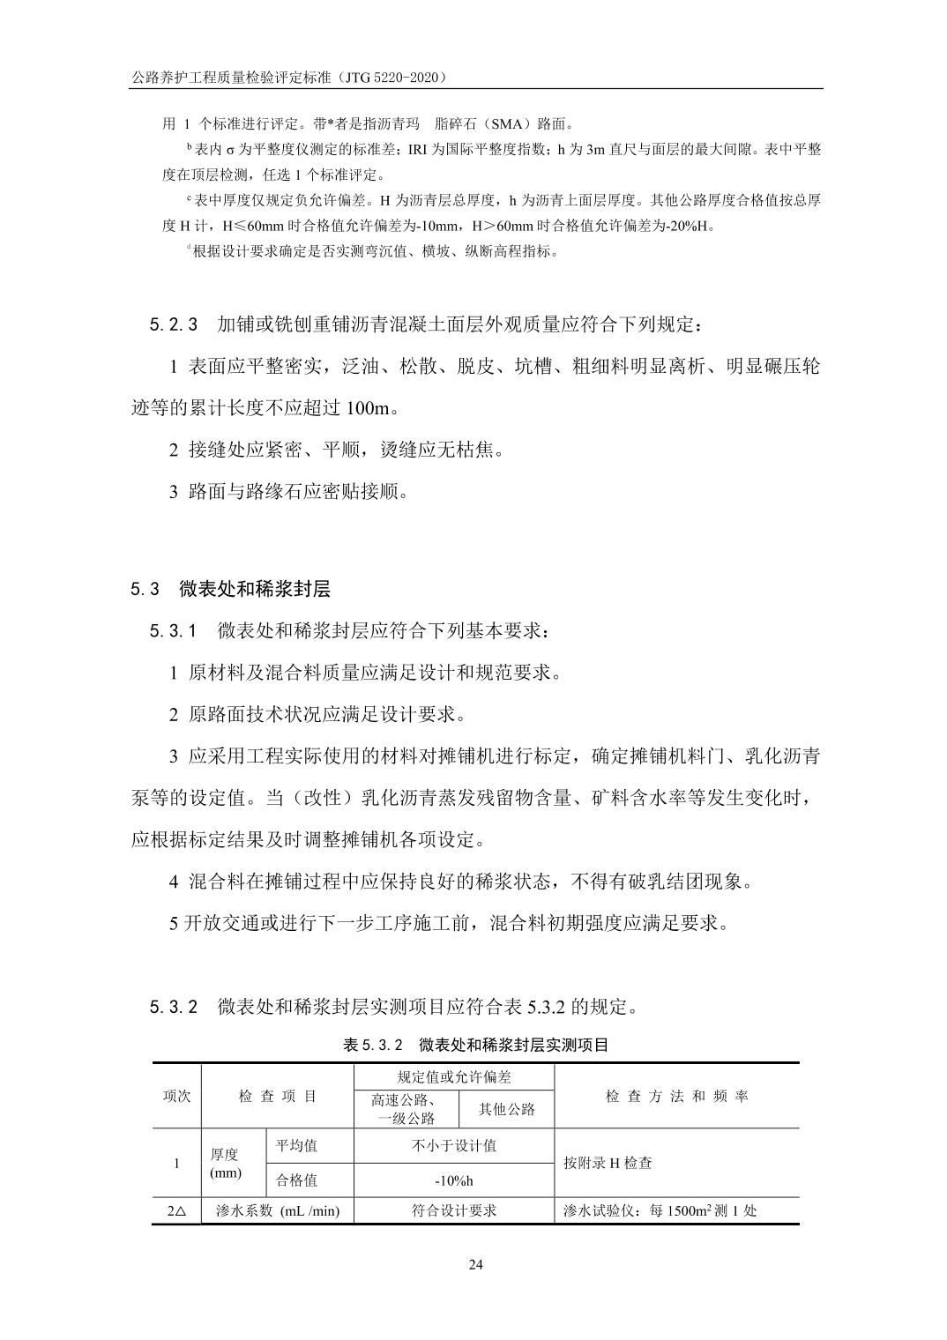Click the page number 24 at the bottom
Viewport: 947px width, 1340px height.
(475, 1265)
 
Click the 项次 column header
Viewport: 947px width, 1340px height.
(176, 1096)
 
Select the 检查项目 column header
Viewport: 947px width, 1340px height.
(277, 1096)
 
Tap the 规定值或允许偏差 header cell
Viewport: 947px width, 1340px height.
(454, 1076)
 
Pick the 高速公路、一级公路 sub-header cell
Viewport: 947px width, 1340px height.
(406, 1109)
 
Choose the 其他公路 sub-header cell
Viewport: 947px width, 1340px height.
(507, 1109)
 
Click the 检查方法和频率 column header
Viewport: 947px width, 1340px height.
(676, 1096)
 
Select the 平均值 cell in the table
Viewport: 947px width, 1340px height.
(296, 1145)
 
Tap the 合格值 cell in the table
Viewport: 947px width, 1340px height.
(296, 1180)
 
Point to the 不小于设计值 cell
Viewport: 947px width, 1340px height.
(454, 1145)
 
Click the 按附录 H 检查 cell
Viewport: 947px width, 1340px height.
(608, 1163)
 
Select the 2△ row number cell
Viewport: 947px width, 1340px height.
(176, 1210)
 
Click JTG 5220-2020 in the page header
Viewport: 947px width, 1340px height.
(389, 78)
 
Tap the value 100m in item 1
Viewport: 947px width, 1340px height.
(369, 408)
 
